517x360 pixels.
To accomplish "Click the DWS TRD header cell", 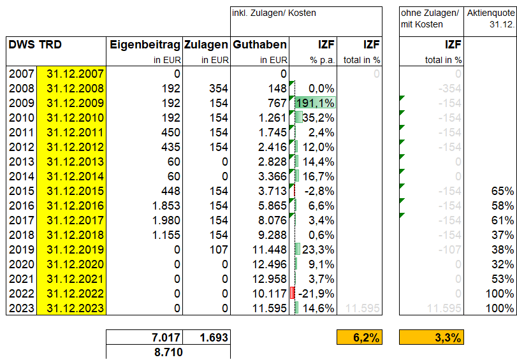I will click(35, 45).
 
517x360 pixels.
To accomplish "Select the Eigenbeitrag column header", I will click(145, 45).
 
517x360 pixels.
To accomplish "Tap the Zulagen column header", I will click(206, 45).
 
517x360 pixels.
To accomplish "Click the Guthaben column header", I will click(259, 45).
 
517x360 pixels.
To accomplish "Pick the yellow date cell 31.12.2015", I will click(71, 191).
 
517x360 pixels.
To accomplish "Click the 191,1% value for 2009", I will click(316, 103).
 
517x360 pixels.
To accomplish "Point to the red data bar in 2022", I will click(292, 294).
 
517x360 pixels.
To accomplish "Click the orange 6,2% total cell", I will click(359, 338).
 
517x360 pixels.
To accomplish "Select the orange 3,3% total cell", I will click(431, 338).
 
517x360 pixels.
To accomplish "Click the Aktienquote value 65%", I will click(503, 191).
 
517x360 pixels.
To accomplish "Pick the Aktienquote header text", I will click(490, 13).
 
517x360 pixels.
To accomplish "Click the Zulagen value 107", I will click(218, 250).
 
